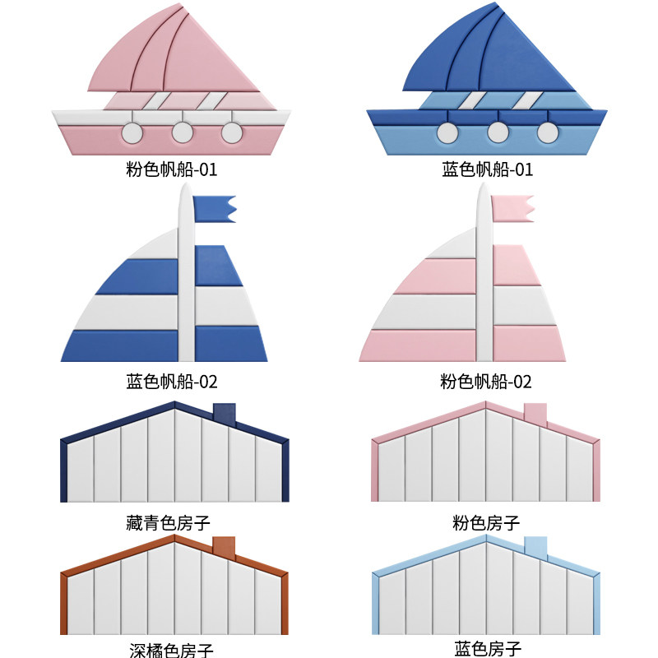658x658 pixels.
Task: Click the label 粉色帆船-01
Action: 171,170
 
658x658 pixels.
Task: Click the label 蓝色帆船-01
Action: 487,170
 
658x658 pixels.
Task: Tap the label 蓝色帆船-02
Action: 171,382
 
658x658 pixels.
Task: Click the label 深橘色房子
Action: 171,650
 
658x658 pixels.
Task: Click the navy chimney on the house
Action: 224,413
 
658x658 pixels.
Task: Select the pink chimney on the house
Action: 535,414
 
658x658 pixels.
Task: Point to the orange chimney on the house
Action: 224,547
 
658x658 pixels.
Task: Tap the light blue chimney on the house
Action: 535,548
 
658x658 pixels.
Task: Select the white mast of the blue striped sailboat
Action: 187,280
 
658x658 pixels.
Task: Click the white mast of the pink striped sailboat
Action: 484,280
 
